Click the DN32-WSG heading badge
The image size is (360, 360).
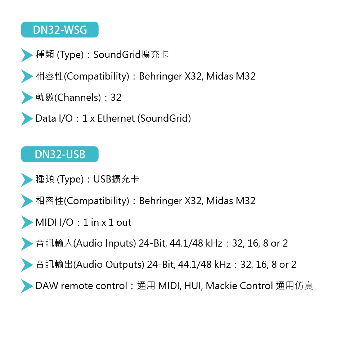[60, 30]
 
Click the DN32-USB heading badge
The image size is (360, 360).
[60, 154]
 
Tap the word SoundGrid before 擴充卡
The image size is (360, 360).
[116, 55]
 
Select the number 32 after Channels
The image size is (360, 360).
[116, 98]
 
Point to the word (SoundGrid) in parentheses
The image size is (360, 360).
[164, 118]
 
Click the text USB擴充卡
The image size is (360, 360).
[116, 179]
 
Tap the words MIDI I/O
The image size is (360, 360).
[54, 222]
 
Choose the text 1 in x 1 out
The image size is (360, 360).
[107, 222]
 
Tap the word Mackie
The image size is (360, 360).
[221, 286]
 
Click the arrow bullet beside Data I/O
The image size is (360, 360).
[27, 119]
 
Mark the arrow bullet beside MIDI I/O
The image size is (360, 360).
[27, 222]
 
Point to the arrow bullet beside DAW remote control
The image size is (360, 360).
[27, 286]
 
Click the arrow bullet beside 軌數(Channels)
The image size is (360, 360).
[27, 98]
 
